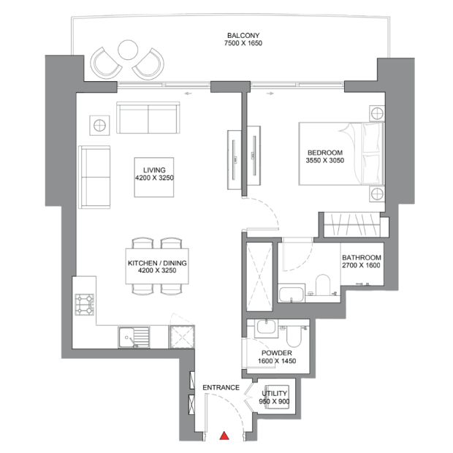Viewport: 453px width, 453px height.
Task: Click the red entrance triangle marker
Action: [x=224, y=435]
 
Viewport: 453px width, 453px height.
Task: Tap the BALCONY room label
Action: [x=243, y=36]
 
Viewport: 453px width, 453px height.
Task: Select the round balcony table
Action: [x=128, y=50]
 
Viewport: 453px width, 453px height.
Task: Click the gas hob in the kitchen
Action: [x=85, y=305]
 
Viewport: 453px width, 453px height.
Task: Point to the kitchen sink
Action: [x=134, y=338]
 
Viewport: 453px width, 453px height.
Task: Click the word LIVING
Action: [x=154, y=170]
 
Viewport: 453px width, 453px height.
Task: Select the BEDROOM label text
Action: [x=325, y=153]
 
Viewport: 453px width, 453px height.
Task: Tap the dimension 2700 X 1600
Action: [x=361, y=265]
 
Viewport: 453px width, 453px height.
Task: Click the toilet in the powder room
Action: [x=294, y=337]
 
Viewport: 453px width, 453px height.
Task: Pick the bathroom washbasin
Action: [x=292, y=294]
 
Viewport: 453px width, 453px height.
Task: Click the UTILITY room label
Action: [x=274, y=393]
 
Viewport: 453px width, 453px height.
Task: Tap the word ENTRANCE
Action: [x=221, y=387]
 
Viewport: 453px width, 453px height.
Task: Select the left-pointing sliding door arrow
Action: [x=188, y=94]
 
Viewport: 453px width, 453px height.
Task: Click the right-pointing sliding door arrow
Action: [x=270, y=94]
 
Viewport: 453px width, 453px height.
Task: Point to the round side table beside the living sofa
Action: [x=99, y=126]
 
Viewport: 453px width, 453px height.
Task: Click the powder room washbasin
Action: [x=266, y=327]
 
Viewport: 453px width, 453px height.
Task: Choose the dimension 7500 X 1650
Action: [x=243, y=43]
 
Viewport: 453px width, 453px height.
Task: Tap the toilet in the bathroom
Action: [x=323, y=285]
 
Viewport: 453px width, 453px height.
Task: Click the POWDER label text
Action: [x=277, y=353]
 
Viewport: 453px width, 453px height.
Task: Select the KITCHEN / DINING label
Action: [x=157, y=263]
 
